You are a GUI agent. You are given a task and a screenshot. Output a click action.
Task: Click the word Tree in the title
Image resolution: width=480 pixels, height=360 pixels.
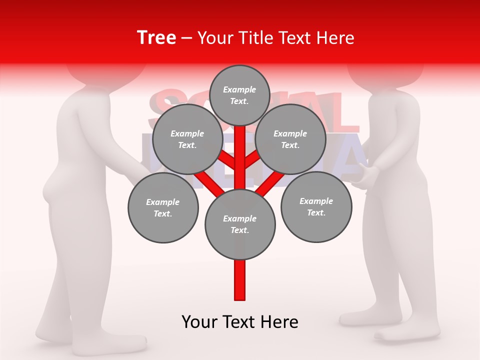click(x=156, y=38)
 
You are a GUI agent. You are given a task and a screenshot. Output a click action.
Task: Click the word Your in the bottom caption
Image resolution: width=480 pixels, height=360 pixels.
click(x=200, y=322)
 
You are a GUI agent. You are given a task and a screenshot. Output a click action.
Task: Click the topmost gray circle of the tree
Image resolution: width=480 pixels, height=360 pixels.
click(x=239, y=95)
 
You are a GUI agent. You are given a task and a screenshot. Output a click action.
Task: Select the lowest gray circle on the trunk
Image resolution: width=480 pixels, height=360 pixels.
click(x=240, y=224)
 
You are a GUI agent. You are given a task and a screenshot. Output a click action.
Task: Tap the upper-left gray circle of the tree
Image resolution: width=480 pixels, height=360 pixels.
click(x=187, y=139)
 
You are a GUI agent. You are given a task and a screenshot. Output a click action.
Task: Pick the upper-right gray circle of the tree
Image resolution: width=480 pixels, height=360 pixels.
click(x=290, y=139)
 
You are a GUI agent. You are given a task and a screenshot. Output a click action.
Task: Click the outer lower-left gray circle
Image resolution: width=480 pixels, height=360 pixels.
click(x=163, y=208)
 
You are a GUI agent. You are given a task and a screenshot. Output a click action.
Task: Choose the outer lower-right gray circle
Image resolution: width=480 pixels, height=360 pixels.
click(x=316, y=207)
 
